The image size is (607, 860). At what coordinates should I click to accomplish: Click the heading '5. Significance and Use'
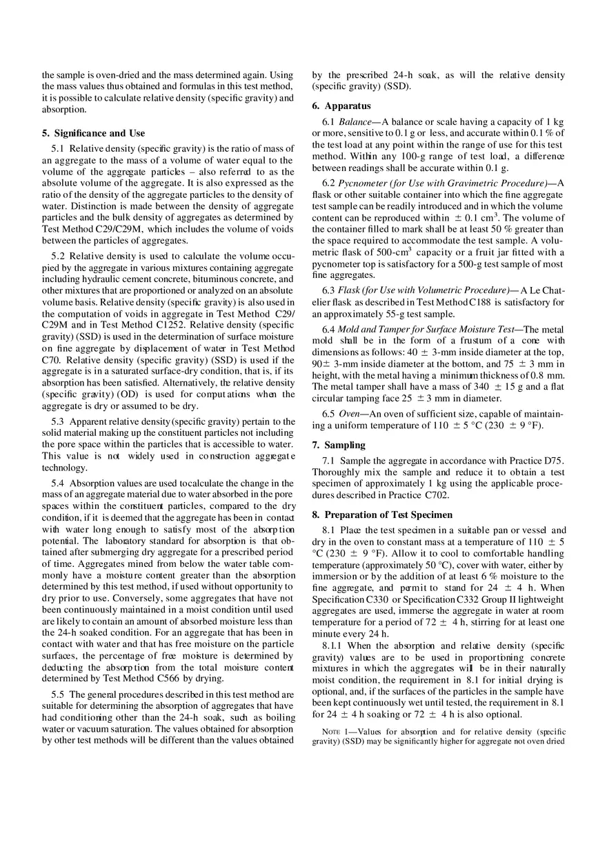pos(93,133)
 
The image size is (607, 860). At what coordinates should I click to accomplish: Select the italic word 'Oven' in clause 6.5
pos(348,414)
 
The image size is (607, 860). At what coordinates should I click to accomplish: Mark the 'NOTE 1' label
pos(336,731)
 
